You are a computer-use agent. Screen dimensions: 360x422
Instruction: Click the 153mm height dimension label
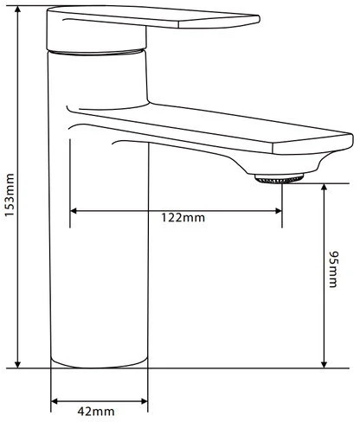(x=10, y=195)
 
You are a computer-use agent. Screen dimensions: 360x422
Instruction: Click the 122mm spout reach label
(x=183, y=217)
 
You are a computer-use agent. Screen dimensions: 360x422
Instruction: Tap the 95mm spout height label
(x=333, y=270)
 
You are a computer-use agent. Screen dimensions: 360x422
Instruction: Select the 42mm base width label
(x=96, y=411)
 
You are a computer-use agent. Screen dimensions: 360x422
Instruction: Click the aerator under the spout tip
(x=279, y=179)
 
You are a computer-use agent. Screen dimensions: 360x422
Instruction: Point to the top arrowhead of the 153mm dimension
(x=18, y=10)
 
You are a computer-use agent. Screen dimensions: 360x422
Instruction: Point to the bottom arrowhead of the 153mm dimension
(x=18, y=364)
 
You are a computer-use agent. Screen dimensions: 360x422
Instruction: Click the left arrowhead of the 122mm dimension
(x=74, y=211)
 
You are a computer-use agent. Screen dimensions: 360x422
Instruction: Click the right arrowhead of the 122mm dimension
(x=278, y=211)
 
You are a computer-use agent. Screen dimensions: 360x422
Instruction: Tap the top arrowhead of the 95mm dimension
(x=324, y=187)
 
